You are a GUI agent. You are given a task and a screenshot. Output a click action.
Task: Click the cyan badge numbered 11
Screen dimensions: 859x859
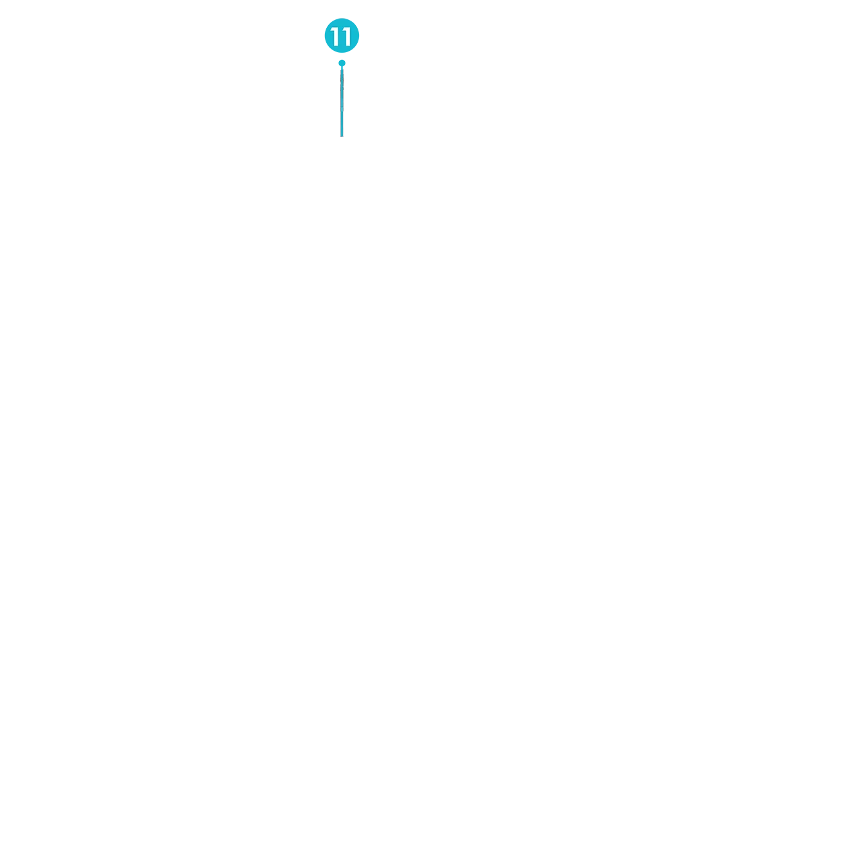(x=342, y=36)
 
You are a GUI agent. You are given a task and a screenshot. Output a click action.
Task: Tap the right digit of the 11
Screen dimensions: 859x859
(x=347, y=37)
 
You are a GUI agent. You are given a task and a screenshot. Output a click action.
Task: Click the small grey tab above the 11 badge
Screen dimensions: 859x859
(x=342, y=18)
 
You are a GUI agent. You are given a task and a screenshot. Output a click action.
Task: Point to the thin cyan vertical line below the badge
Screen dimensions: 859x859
(x=342, y=103)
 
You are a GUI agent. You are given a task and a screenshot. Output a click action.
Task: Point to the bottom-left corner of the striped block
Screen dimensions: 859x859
(x=341, y=137)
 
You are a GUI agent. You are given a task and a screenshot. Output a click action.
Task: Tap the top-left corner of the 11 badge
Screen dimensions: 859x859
(x=326, y=22)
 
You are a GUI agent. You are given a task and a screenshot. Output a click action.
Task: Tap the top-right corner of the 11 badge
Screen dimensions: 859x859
(x=358, y=22)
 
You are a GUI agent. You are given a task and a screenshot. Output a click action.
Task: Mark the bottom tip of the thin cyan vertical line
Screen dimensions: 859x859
(x=342, y=136)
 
